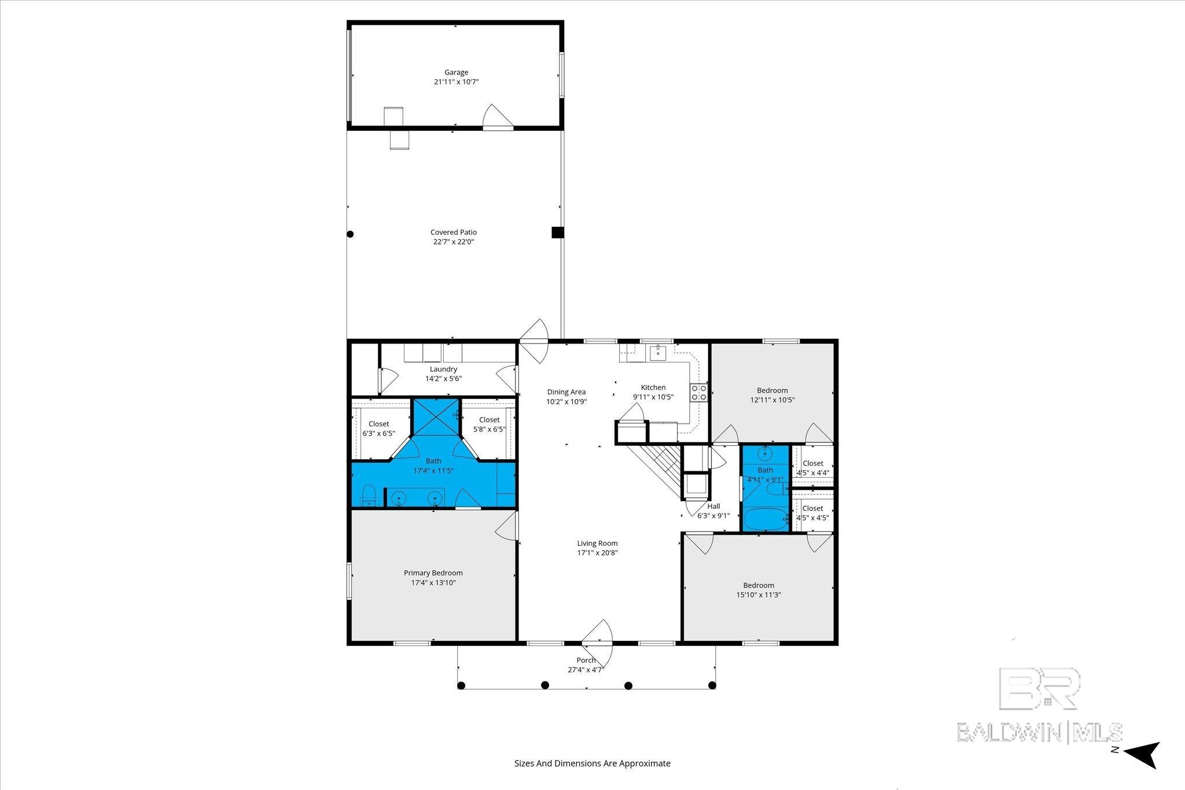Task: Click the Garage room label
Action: (456, 72)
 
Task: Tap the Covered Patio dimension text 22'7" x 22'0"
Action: (454, 242)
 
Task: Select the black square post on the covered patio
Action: (557, 232)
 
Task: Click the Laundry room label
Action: (443, 369)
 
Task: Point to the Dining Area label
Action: (566, 392)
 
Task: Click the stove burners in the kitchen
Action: (698, 393)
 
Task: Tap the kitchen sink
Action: (658, 352)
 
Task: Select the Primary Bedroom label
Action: (433, 573)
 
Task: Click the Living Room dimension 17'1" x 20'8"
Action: (597, 553)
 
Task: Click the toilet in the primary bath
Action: (368, 496)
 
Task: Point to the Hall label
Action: (713, 506)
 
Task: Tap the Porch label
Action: (586, 660)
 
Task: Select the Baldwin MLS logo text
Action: (1039, 732)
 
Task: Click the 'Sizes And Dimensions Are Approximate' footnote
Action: (592, 763)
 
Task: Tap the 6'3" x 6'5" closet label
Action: (379, 429)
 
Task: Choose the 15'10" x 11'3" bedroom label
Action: (759, 590)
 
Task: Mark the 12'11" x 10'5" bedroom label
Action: (772, 395)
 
